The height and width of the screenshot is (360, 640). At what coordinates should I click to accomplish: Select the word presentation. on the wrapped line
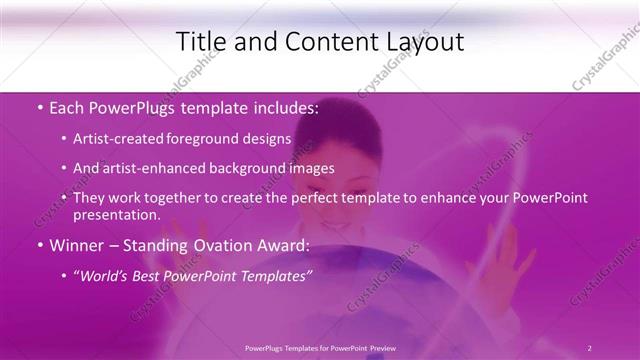(116, 215)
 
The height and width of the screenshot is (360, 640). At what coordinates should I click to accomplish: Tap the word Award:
(284, 246)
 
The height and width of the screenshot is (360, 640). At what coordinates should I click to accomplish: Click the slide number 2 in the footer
(590, 348)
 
